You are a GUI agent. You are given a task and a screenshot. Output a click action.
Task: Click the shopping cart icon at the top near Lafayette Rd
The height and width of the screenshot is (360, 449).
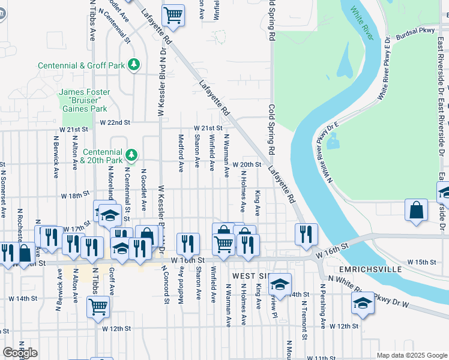(173, 16)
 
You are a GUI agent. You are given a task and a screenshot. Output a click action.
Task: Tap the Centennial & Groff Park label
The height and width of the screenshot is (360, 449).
(84, 65)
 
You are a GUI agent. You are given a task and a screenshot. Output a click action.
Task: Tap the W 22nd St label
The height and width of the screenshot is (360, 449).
(115, 122)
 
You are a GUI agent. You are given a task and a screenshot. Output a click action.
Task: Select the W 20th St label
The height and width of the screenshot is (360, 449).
(248, 164)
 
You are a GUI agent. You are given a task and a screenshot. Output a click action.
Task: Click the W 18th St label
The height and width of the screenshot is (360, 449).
(74, 196)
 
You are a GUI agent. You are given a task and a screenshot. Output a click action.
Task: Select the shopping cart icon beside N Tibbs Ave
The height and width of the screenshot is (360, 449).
(98, 307)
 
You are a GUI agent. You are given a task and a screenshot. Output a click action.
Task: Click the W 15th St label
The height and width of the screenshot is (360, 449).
(421, 262)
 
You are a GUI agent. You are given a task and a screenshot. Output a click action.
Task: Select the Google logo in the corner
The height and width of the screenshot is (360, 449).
(20, 353)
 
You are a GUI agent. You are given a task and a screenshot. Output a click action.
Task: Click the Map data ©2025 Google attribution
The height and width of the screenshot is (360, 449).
(411, 356)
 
